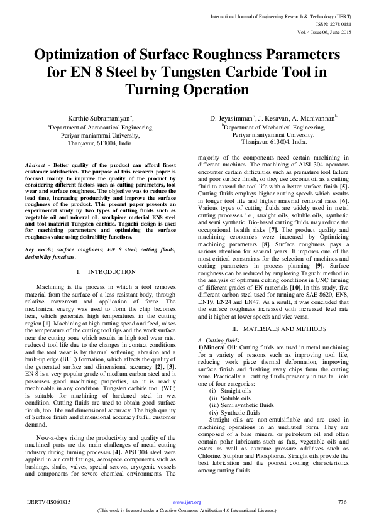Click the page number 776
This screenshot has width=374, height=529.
coord(343,502)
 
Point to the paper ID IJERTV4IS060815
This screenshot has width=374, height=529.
coord(49,502)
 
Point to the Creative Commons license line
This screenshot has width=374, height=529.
coord(187,510)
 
